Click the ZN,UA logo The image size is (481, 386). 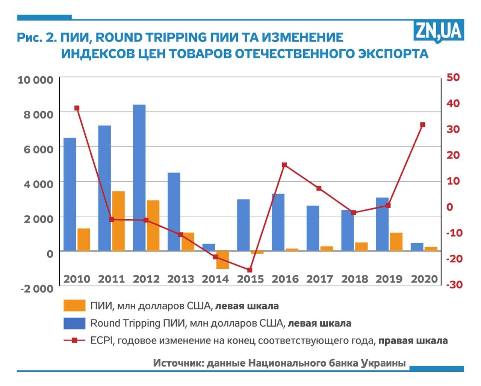click(439, 31)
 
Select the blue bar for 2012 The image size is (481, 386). click(139, 177)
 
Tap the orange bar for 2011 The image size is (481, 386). click(118, 221)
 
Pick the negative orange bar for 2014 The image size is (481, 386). click(222, 260)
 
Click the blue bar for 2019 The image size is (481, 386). click(382, 224)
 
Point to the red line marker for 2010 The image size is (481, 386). click(77, 108)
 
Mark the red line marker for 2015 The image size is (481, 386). click(250, 270)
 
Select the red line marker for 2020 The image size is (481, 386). click(422, 125)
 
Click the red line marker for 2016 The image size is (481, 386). click(284, 165)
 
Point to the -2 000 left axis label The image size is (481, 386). click(36, 289)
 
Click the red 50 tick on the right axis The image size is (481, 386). click(453, 77)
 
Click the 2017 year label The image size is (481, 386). click(319, 279)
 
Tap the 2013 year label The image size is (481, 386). click(181, 279)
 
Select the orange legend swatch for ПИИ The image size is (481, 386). click(74, 306)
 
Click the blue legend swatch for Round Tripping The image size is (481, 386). click(74, 323)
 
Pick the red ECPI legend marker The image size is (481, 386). click(74, 341)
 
